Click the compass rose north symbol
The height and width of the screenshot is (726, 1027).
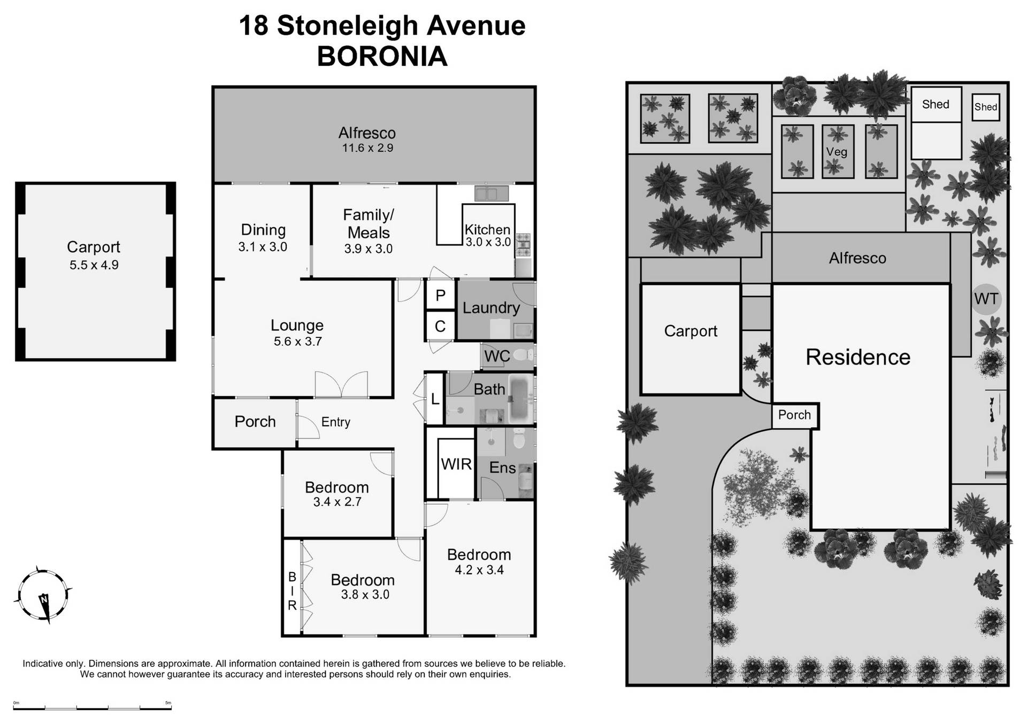pos(43,596)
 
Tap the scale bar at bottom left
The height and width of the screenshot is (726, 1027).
pos(92,708)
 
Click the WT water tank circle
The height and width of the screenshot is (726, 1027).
pos(986,298)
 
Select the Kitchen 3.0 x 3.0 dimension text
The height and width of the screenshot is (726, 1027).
pos(488,242)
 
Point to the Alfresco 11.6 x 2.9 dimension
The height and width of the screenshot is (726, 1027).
pos(367,148)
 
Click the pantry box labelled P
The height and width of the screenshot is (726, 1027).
pos(440,295)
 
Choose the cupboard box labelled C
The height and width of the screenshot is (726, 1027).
pos(440,326)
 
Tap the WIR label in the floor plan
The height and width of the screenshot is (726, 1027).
pos(456,464)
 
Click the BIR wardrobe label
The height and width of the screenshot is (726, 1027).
pos(292,591)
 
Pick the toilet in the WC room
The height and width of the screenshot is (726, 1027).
pos(523,354)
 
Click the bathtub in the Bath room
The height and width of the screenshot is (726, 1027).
pos(520,398)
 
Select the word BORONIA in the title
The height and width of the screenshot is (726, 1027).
pos(382,56)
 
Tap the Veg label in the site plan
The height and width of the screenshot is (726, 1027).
pos(837,152)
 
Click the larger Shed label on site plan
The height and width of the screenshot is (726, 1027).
pos(936,104)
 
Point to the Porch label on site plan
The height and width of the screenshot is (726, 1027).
pos(794,415)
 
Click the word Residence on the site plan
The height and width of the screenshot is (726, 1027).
pos(858,357)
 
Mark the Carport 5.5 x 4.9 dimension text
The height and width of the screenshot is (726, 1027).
pos(94,265)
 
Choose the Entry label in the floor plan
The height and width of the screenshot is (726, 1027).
pos(335,422)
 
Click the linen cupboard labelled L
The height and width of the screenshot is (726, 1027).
pos(435,398)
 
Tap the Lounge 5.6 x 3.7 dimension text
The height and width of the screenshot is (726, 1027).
pos(298,342)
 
